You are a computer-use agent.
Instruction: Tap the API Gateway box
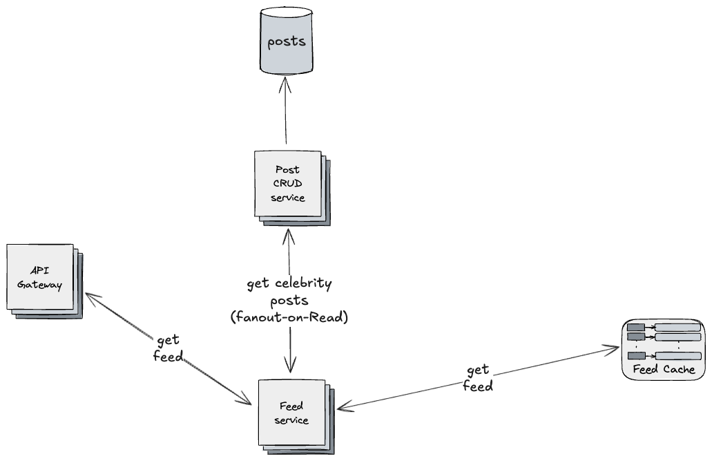click(x=41, y=276)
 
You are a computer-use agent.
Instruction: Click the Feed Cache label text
click(x=663, y=369)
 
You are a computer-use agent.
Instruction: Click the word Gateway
click(x=40, y=284)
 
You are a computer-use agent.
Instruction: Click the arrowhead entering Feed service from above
click(x=290, y=366)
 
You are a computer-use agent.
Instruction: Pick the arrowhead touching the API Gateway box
click(x=90, y=295)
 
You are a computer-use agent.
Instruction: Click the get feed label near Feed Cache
click(x=478, y=379)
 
